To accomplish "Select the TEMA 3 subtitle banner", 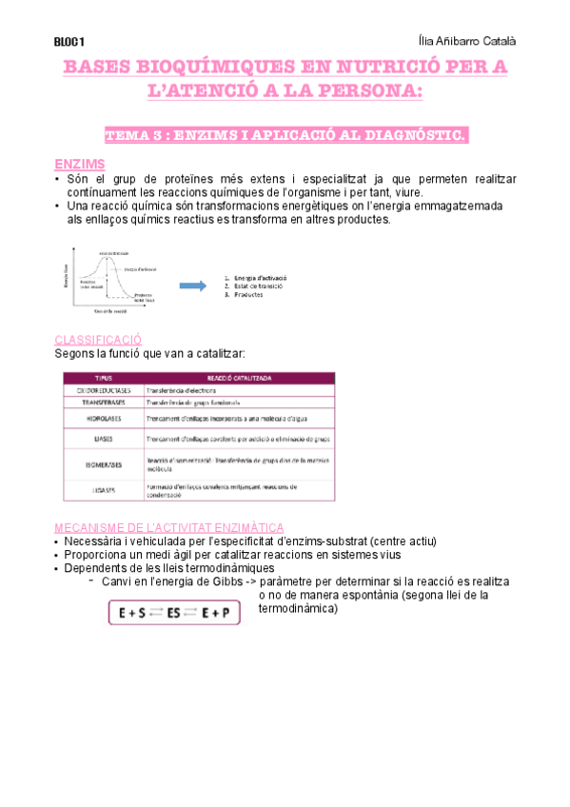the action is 285,136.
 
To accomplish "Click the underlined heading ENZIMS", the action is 80,164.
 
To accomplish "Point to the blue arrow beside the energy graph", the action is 194,285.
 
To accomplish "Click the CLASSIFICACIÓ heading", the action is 98,339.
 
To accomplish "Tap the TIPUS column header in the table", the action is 103,378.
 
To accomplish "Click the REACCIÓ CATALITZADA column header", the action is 239,378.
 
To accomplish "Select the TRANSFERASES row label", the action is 103,403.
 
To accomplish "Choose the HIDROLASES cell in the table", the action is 103,418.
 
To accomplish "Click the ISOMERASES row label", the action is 103,465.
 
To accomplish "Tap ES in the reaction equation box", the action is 174,614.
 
